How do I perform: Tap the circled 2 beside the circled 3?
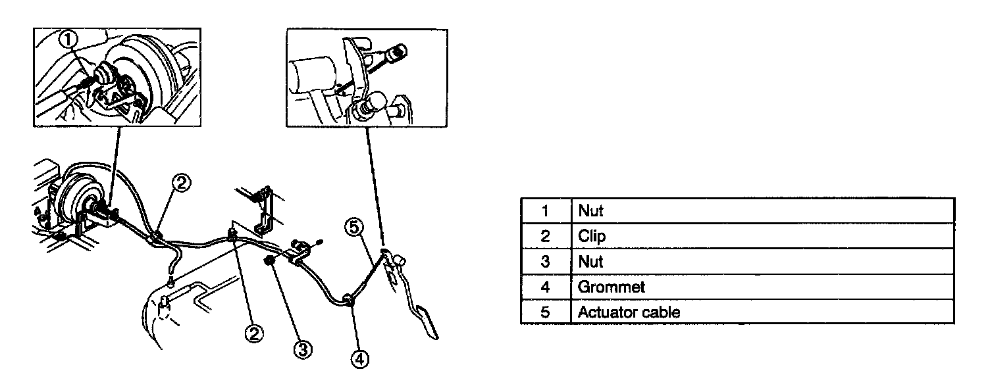click(x=255, y=333)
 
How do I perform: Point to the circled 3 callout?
click(x=301, y=351)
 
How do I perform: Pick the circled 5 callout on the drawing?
click(x=353, y=228)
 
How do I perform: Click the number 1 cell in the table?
click(x=544, y=211)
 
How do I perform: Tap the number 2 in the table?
click(x=544, y=236)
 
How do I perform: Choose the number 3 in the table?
click(x=544, y=262)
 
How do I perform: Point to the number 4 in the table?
click(x=544, y=287)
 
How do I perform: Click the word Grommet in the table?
click(x=611, y=287)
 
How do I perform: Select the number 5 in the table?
click(x=544, y=312)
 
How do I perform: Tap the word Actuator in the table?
click(x=604, y=312)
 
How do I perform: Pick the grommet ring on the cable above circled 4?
click(x=347, y=301)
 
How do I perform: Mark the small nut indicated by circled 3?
click(x=269, y=262)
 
